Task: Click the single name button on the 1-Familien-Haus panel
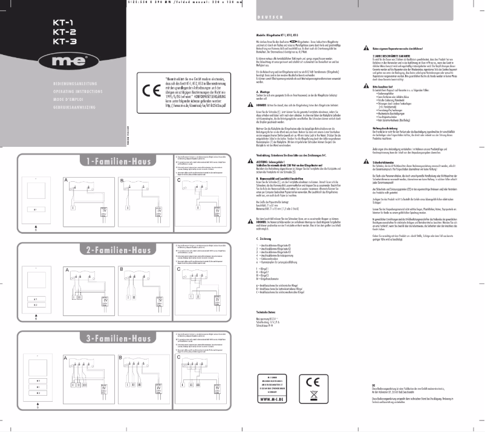[x=36, y=208]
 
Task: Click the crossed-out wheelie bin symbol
[x=314, y=397]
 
